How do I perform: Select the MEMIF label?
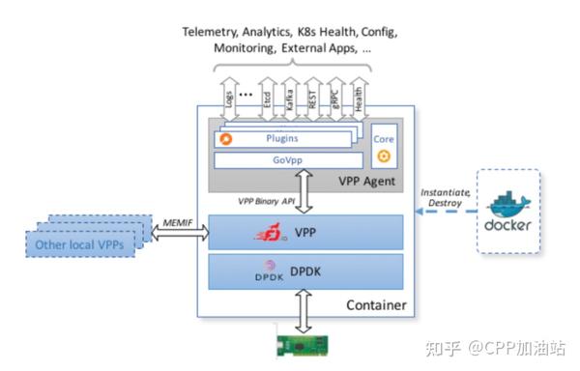(178, 222)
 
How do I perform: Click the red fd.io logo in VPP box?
(273, 233)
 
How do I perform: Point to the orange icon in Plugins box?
(226, 139)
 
